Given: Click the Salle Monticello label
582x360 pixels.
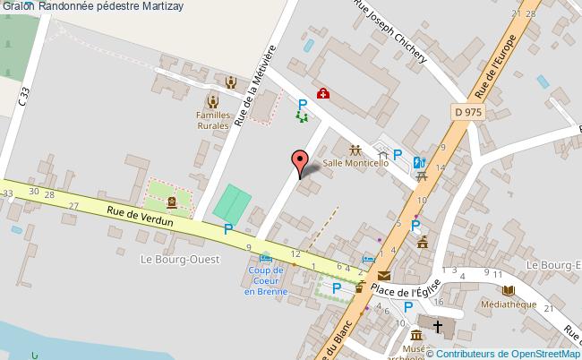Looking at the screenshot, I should pyautogui.click(x=355, y=164).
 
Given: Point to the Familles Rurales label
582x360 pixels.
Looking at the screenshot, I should pyautogui.click(x=213, y=120).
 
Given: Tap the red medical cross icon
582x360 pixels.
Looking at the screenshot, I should pyautogui.click(x=321, y=93).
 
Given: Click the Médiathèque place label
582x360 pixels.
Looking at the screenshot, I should pyautogui.click(x=509, y=303).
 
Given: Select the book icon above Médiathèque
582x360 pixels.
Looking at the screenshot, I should pyautogui.click(x=509, y=290).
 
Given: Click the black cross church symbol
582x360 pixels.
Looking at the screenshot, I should pyautogui.click(x=438, y=326).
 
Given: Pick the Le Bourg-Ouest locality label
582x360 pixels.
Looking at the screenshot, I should pyautogui.click(x=173, y=259).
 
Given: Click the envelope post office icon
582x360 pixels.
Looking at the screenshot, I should pyautogui.click(x=385, y=277).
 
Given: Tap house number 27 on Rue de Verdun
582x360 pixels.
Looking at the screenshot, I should pyautogui.click(x=73, y=207).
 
